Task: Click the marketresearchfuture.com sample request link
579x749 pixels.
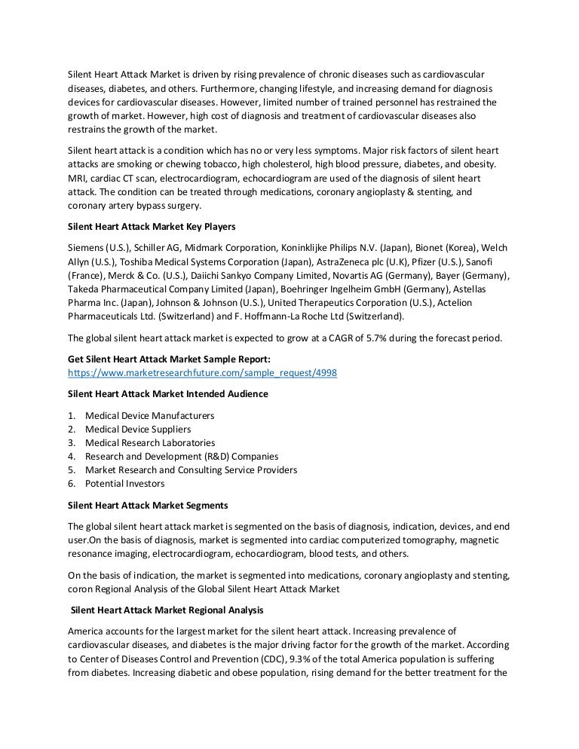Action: pos(202,373)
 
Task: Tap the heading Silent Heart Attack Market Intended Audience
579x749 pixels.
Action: pos(167,394)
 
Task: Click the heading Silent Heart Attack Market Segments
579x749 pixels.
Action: pos(148,505)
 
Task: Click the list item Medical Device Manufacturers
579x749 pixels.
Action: pos(149,415)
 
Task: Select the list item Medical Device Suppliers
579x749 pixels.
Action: pos(138,429)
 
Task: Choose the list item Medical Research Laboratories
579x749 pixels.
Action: pos(150,442)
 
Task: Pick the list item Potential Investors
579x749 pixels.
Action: pos(125,483)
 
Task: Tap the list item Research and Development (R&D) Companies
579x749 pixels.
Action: pos(182,456)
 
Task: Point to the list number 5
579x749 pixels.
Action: pos(71,469)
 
